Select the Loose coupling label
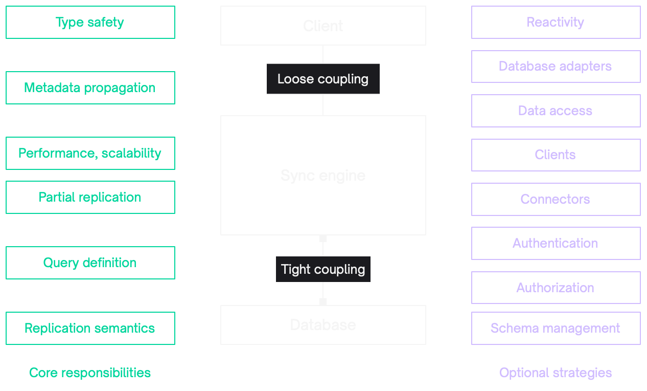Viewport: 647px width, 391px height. click(323, 79)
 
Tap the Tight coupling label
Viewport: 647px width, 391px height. click(323, 269)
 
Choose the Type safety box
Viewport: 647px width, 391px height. click(90, 23)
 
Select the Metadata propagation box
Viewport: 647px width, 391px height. click(90, 88)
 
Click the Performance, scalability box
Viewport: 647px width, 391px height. click(90, 153)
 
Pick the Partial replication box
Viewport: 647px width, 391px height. click(90, 197)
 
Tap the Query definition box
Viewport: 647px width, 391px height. click(90, 263)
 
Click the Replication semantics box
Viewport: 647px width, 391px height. click(90, 328)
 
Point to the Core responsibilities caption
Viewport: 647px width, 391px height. click(90, 373)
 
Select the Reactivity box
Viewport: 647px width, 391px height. click(556, 23)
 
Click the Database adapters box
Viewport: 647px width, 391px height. click(556, 67)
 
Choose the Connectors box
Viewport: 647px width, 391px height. click(556, 199)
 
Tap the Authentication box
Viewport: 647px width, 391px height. click(556, 243)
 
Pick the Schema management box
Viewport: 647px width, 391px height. click(556, 328)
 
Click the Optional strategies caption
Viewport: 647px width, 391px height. click(556, 373)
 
